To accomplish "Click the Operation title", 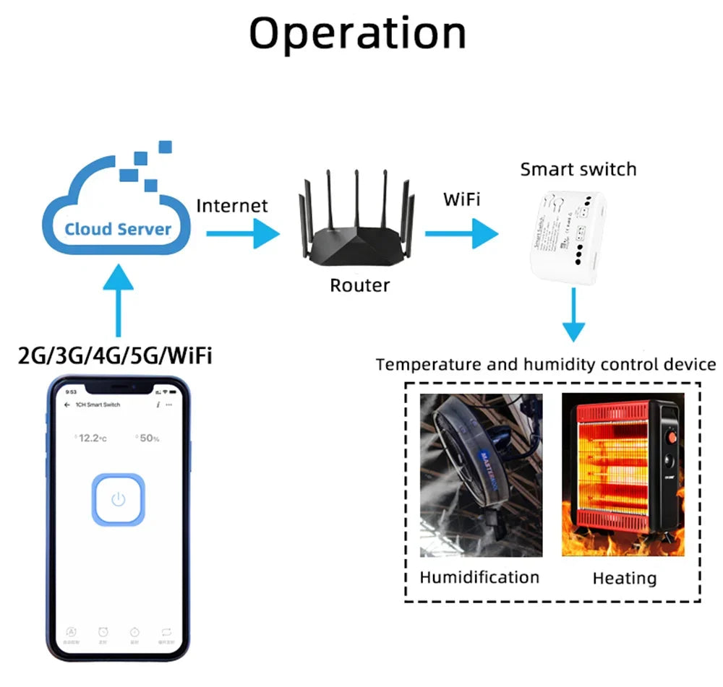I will coord(358,33).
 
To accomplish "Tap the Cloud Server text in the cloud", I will coord(118,230).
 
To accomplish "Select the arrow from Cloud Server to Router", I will coord(242,234).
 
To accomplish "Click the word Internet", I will coord(232,206).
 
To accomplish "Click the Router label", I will coord(359,285).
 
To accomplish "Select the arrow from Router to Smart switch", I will coord(461,234).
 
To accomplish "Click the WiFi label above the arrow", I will coord(461,199).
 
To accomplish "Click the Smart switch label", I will coord(578,170).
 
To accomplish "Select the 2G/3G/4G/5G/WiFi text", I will coord(116,355).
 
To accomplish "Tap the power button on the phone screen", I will coord(119,499).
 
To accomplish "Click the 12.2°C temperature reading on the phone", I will coord(91,438).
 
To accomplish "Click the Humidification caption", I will coord(479,577).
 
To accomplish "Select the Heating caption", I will coord(624,578).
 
